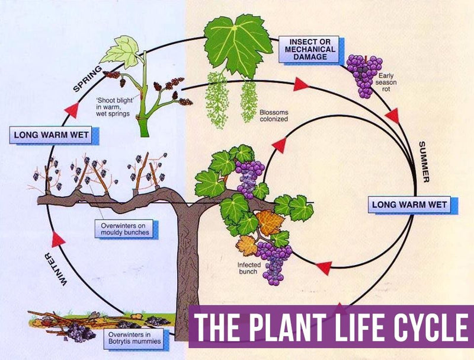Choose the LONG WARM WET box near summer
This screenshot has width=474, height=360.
tap(409, 205)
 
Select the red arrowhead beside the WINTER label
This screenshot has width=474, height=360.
tap(58, 239)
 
